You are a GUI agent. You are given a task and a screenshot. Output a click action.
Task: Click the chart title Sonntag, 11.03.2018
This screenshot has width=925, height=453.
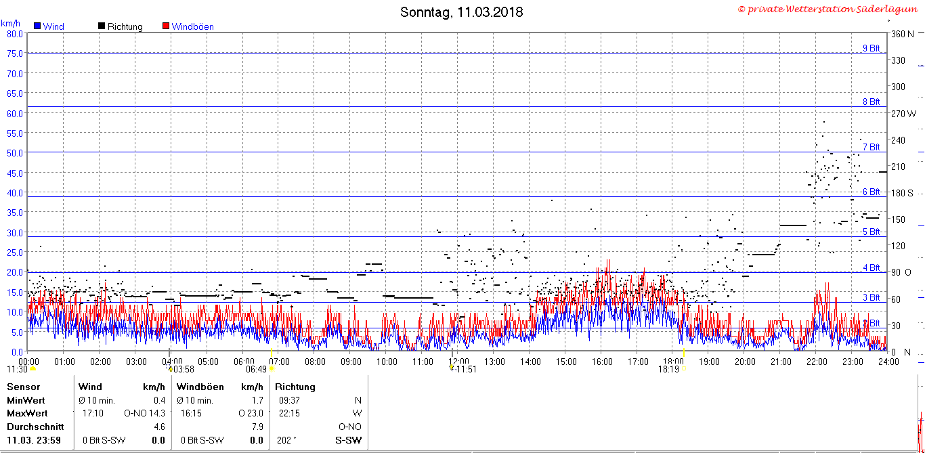point(461,12)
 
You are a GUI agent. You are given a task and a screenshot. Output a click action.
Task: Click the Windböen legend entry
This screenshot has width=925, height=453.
point(188,26)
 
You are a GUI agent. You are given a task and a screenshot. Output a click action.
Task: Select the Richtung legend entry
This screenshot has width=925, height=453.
point(120,26)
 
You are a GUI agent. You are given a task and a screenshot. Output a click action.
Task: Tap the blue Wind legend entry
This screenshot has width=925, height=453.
point(49,26)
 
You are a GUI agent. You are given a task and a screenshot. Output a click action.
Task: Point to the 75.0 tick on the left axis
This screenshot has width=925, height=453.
point(15,53)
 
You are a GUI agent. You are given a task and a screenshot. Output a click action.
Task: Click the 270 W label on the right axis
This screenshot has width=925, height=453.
point(903,114)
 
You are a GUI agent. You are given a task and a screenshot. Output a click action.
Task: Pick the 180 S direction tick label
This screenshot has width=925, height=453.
point(902,193)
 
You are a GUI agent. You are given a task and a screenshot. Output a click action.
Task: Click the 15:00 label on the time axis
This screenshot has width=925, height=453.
point(565,362)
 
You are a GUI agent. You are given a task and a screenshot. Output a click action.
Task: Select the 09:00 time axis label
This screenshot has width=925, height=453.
point(351,362)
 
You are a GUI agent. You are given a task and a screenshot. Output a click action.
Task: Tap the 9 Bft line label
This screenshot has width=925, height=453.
point(871,48)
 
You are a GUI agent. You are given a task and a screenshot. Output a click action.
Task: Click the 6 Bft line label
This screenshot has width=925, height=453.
point(871,192)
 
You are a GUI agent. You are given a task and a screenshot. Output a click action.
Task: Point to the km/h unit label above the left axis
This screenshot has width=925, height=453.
point(10,24)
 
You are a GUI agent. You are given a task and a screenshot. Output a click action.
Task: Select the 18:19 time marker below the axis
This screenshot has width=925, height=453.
point(668,369)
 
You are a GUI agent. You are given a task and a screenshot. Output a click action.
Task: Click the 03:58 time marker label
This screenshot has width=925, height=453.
point(184,369)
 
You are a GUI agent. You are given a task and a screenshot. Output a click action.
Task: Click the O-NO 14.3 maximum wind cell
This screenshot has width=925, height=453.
point(144,413)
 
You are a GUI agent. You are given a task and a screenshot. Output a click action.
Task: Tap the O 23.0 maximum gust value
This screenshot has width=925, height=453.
point(251,413)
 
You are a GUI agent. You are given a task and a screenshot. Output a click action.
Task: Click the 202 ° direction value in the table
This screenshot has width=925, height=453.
point(286,440)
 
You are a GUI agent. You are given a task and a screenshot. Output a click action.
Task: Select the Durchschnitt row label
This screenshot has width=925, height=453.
point(35,427)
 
